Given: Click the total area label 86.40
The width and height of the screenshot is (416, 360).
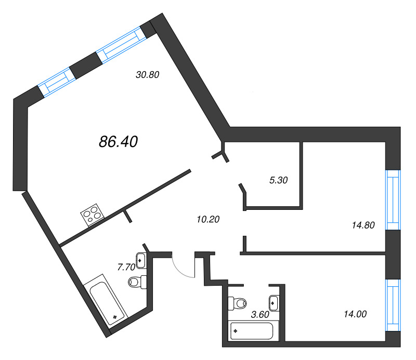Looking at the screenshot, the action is point(119,142).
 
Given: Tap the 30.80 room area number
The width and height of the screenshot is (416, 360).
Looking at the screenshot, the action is point(148,75).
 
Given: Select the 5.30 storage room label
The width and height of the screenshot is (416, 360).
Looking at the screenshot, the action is point(279,180).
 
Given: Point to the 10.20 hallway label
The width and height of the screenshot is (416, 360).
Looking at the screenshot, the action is point(209,219).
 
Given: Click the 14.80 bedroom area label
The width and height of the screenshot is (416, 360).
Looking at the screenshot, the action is point(363,225).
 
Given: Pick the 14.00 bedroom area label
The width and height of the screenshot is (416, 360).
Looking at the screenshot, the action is point(355,314).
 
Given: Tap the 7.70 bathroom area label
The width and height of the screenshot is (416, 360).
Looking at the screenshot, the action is point(126,267).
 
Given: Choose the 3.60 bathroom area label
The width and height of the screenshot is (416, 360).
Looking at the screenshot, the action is point(260,315).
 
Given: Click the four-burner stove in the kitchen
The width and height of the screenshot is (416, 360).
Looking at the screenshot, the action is point(93,215).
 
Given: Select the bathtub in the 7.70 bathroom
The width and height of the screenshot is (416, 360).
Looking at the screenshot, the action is point(106,300).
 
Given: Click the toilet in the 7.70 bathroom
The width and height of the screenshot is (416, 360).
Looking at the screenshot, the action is point(137,282).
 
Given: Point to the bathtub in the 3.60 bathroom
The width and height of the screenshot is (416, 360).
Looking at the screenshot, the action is point(253,330).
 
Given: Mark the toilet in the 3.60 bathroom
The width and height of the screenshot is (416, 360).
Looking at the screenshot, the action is point(237,303).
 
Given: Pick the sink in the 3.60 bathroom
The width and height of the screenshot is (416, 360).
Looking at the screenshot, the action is point(274,303).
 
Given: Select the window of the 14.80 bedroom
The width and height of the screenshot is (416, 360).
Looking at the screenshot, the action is point(393,200).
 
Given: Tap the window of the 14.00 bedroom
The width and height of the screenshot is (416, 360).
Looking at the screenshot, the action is point(393,305).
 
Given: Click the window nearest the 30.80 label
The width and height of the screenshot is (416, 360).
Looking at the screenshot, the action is point(121,45).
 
